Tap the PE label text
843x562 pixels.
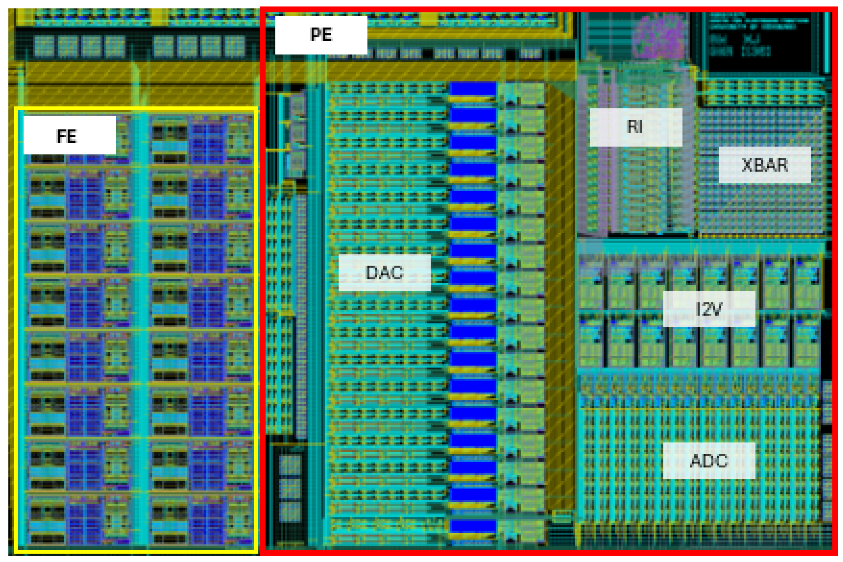(x=321, y=35)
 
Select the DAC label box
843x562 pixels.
(x=384, y=272)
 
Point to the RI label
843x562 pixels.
(x=636, y=127)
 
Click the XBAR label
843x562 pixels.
(x=764, y=165)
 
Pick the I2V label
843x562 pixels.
(x=709, y=309)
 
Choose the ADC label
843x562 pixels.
(x=709, y=460)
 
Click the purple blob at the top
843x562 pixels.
(x=659, y=37)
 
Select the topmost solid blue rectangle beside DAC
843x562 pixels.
(x=473, y=89)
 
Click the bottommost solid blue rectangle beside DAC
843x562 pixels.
(x=473, y=526)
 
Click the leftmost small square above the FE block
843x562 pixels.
(x=44, y=46)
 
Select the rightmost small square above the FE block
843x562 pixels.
(x=234, y=46)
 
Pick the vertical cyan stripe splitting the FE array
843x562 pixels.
(x=140, y=330)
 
